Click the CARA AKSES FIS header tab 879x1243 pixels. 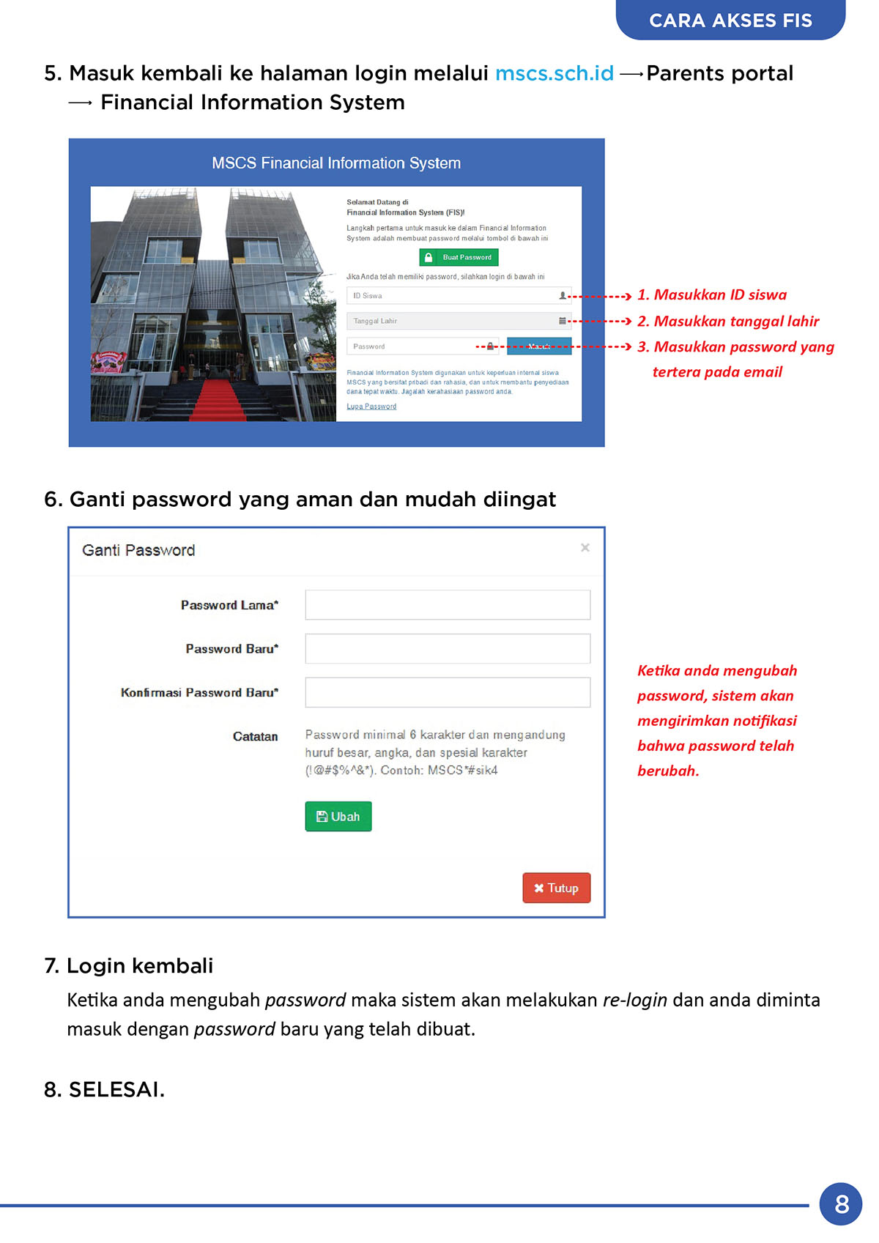coord(730,21)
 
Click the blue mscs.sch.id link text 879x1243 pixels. coord(554,73)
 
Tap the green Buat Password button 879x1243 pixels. coord(459,257)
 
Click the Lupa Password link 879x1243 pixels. coord(371,407)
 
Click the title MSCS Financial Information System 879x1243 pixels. coord(336,163)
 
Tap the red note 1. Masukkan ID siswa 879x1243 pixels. coord(712,295)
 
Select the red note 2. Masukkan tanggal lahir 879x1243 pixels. coord(728,321)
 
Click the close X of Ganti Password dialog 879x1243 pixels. coord(585,548)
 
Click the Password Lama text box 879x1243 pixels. coord(448,605)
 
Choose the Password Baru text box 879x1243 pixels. coord(448,649)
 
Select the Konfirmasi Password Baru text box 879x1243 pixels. coord(448,692)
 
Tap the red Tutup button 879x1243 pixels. coord(556,888)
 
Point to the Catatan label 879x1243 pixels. coord(255,737)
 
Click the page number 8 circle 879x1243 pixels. coord(841,1203)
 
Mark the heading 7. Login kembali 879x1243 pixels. coord(129,966)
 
